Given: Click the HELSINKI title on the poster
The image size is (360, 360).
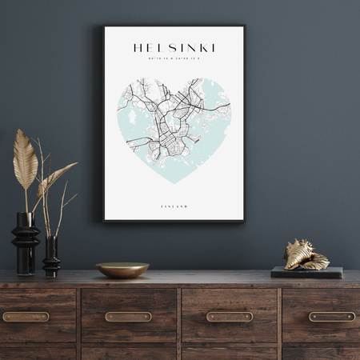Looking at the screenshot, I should [x=174, y=48].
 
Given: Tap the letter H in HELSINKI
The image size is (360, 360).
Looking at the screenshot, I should [x=137, y=48].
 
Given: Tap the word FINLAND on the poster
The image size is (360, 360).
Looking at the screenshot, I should [x=174, y=206].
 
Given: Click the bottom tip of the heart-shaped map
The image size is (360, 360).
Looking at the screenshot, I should [x=174, y=182].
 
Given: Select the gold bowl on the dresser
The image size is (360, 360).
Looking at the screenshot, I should [x=122, y=270].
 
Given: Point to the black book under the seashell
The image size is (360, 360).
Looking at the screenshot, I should [x=306, y=273].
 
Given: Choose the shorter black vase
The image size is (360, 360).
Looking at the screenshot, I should [x=51, y=256].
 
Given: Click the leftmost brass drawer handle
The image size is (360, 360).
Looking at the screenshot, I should [x=26, y=317].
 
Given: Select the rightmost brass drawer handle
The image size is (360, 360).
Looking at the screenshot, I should [x=332, y=317].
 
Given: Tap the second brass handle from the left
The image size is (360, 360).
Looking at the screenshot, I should [x=128, y=317].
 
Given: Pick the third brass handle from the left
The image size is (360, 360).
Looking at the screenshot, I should [x=230, y=317].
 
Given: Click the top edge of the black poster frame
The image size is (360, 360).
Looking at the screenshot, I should [x=174, y=27].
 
